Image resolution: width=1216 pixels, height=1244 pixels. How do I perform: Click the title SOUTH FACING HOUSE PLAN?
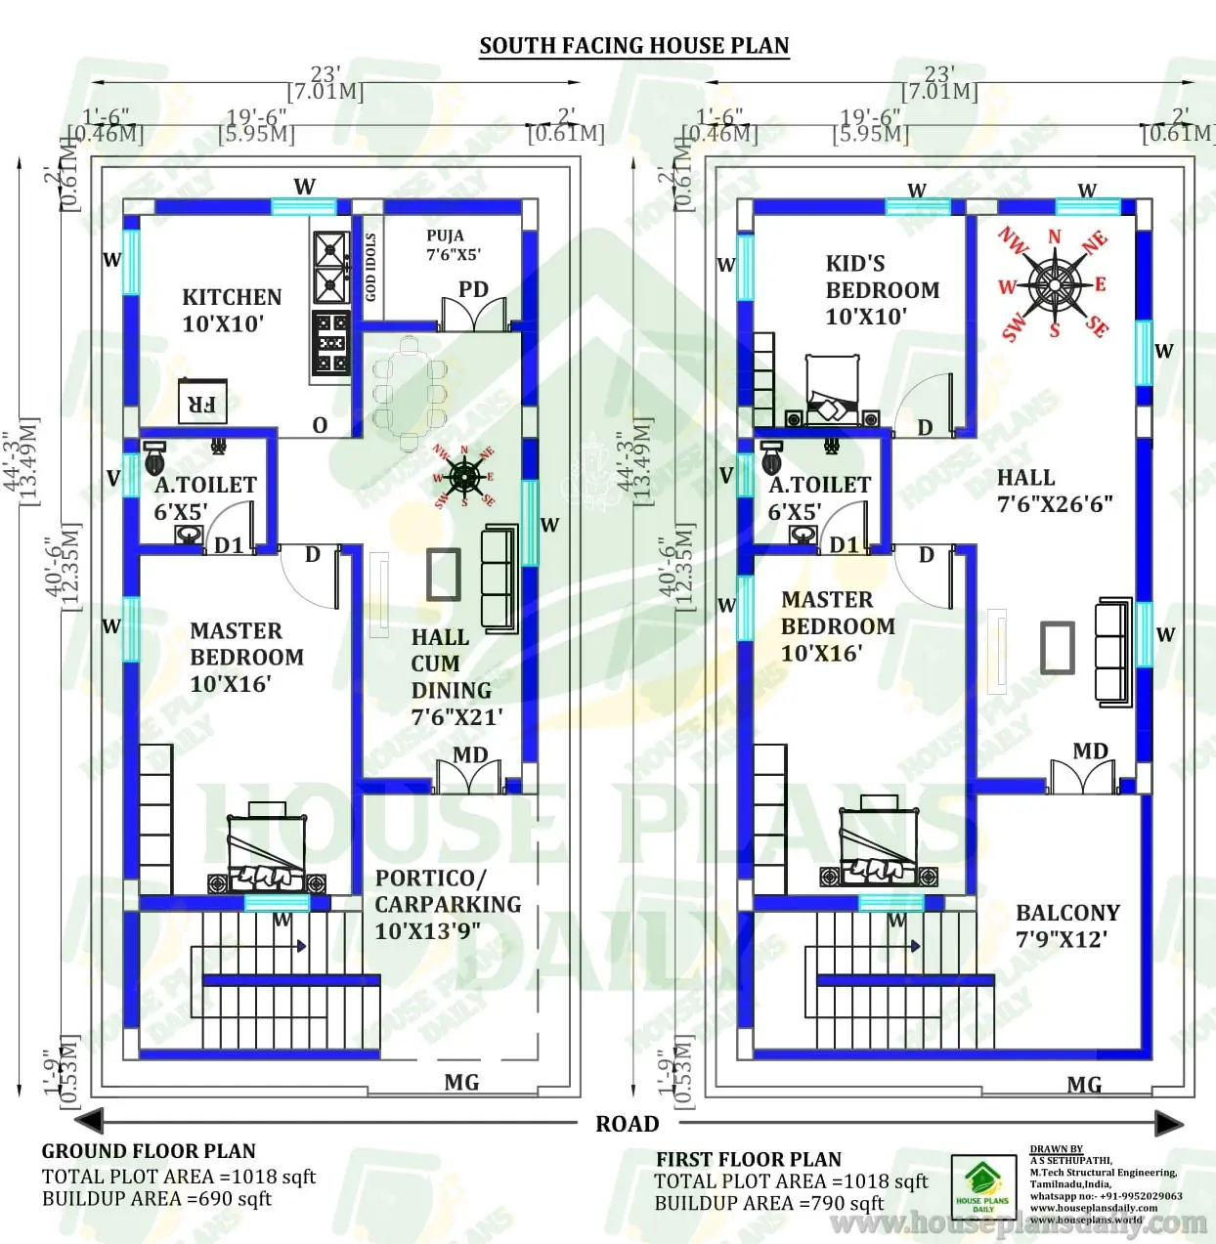tap(633, 46)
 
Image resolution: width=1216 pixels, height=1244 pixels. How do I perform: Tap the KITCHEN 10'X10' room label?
tap(232, 311)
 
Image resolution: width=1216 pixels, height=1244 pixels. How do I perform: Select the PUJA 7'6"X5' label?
tap(453, 244)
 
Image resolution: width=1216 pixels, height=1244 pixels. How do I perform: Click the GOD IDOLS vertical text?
tap(370, 267)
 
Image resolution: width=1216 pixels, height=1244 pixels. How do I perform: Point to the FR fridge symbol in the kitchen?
tap(202, 402)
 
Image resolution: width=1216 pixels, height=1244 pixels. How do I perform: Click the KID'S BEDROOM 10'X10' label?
tap(882, 290)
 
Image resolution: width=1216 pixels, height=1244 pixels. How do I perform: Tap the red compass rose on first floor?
tap(1054, 284)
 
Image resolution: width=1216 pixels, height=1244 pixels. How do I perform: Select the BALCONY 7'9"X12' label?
tap(1067, 925)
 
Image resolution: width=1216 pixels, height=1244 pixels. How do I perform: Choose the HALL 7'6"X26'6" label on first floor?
tap(1054, 491)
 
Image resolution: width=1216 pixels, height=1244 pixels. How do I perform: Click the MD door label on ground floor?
tap(470, 755)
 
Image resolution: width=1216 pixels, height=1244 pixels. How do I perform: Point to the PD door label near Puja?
tap(473, 289)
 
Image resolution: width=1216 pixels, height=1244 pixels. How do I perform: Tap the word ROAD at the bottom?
tap(628, 1124)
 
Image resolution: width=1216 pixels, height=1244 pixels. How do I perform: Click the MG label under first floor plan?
tap(1084, 1085)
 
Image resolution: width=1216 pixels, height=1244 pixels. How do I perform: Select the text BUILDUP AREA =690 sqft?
tap(156, 1199)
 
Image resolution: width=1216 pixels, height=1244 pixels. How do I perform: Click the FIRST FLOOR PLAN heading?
tap(748, 1159)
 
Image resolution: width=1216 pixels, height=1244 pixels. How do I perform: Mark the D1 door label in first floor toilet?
tap(844, 545)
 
